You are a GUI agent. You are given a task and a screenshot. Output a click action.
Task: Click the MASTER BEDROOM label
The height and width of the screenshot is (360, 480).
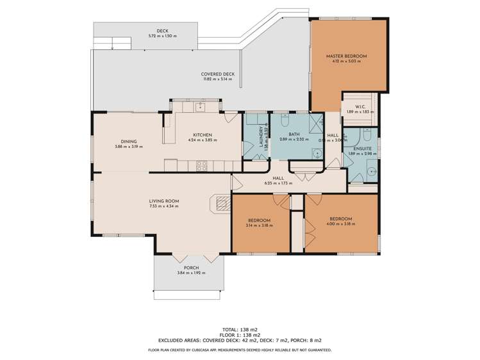pyautogui.click(x=346, y=56)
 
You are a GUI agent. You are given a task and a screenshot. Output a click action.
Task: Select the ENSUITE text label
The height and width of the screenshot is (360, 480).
pyautogui.click(x=359, y=148)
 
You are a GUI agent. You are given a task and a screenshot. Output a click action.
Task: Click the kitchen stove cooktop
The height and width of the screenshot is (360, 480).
pyautogui.click(x=201, y=165)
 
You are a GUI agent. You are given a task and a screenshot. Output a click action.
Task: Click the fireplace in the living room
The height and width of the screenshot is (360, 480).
pyautogui.click(x=221, y=204)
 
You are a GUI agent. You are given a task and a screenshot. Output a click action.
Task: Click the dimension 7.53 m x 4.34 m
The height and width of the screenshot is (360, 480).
pyautogui.click(x=164, y=207)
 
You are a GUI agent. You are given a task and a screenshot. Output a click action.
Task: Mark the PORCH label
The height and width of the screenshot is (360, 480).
pyautogui.click(x=191, y=267)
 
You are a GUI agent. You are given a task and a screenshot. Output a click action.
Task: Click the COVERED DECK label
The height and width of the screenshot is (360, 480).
pyautogui.click(x=218, y=74)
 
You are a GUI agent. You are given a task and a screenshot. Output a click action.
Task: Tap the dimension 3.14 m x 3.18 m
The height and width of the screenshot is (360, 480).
pyautogui.click(x=260, y=226)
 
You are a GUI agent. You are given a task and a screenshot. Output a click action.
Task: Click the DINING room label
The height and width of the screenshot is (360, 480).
pyautogui.click(x=129, y=142)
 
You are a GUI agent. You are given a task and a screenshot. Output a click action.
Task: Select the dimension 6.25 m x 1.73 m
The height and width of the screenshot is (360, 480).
pyautogui.click(x=278, y=183)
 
